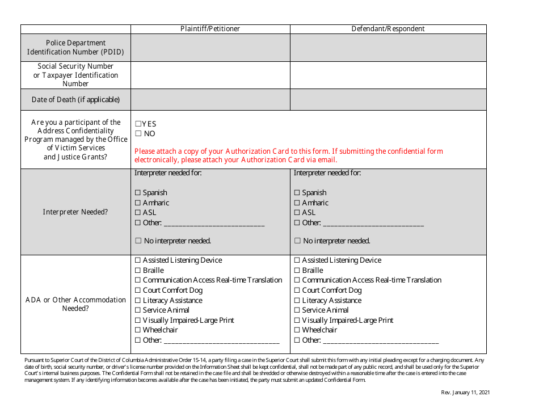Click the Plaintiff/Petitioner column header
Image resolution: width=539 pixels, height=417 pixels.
tap(210, 29)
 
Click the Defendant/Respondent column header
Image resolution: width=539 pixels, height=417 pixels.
tap(388, 29)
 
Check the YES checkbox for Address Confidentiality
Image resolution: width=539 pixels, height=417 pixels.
tap(138, 124)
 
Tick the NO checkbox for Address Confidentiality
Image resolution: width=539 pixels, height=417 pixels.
tap(138, 134)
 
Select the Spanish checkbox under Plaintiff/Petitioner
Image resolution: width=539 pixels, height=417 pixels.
tap(138, 193)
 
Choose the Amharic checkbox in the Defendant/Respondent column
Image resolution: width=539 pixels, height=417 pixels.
tap(297, 203)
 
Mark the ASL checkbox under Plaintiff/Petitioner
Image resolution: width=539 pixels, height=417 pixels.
tap(138, 213)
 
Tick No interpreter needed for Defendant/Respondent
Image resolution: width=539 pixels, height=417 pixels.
tap(297, 241)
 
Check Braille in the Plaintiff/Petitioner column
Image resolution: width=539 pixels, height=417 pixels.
tap(138, 271)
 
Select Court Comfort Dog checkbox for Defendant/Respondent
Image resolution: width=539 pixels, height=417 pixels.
tap(297, 290)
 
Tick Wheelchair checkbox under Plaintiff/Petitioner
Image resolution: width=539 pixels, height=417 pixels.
tap(138, 330)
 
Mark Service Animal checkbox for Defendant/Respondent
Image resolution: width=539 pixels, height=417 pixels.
tap(297, 310)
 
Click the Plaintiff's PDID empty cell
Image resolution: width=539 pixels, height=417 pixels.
tap(210, 48)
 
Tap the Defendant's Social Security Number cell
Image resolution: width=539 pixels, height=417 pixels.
tap(388, 75)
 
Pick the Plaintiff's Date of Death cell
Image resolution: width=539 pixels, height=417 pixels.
tap(210, 99)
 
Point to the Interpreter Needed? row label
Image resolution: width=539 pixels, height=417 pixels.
tap(75, 212)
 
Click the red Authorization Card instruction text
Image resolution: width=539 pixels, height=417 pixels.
tap(288, 155)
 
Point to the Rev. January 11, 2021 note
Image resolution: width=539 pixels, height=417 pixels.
tap(465, 393)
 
